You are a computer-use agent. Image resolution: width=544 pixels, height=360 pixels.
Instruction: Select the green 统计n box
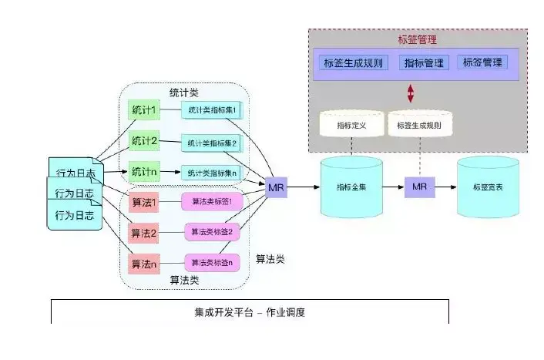(x=144, y=170)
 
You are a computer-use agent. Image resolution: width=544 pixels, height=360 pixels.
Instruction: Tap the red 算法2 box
(x=144, y=233)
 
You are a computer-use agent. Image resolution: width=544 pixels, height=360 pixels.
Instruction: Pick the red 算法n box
(x=144, y=264)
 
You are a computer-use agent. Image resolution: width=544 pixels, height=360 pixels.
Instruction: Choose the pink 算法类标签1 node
(x=211, y=202)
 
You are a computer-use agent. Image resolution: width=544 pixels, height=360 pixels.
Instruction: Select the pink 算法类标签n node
(x=211, y=263)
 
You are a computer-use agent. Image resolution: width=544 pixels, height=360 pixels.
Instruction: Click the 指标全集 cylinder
(x=351, y=187)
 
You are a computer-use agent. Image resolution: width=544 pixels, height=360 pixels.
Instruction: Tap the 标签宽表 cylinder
(x=485, y=187)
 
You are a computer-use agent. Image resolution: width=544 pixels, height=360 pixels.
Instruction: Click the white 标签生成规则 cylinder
(x=419, y=124)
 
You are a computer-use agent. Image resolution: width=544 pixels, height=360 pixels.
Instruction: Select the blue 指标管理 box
(x=423, y=62)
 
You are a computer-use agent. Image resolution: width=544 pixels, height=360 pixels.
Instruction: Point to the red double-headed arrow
(x=411, y=93)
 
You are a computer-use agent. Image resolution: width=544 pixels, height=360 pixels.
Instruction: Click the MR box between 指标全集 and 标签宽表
(x=419, y=187)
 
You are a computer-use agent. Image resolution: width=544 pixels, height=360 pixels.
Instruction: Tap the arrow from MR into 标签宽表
(x=444, y=187)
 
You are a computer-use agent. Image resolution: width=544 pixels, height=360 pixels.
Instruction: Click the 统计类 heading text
(x=185, y=92)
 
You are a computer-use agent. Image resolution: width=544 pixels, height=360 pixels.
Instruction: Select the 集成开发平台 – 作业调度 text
(x=250, y=313)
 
